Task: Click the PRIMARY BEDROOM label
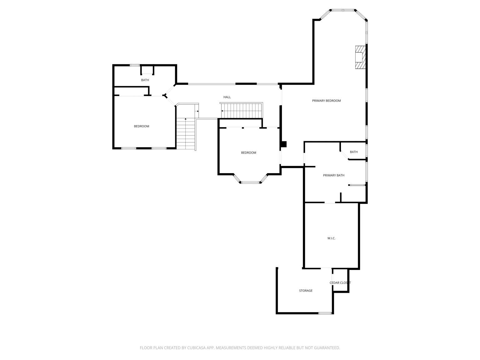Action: pyautogui.click(x=326, y=101)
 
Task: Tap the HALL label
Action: pyautogui.click(x=227, y=97)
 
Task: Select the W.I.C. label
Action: pyautogui.click(x=331, y=238)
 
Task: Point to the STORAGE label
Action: pyautogui.click(x=306, y=291)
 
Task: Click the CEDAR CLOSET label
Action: pyautogui.click(x=340, y=282)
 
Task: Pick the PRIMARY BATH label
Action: pyautogui.click(x=334, y=175)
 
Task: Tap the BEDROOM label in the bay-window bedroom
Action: pyautogui.click(x=249, y=152)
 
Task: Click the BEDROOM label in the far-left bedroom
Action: pyautogui.click(x=142, y=126)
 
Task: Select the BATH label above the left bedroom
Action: pyautogui.click(x=145, y=80)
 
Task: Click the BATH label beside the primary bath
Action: pyautogui.click(x=354, y=152)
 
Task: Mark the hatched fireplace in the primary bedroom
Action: pyautogui.click(x=360, y=57)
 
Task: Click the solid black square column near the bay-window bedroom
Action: pyautogui.click(x=284, y=144)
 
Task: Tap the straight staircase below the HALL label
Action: pyautogui.click(x=242, y=111)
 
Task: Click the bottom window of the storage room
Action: pyautogui.click(x=325, y=313)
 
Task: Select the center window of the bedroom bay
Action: pyautogui.click(x=250, y=182)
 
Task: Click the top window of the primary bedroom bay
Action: pyautogui.click(x=343, y=10)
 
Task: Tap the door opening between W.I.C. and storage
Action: pyautogui.click(x=326, y=268)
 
